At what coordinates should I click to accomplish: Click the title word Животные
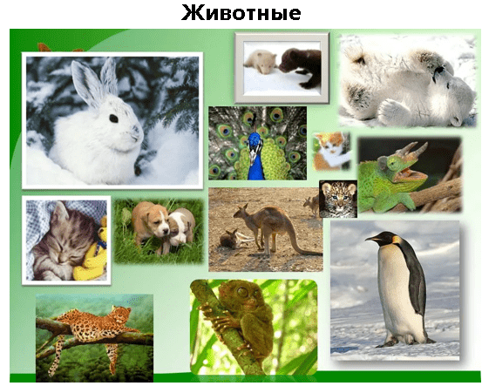click(241, 13)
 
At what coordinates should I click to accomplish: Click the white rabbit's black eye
click(113, 119)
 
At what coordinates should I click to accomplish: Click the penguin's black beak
click(372, 238)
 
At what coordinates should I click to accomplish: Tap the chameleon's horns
click(413, 151)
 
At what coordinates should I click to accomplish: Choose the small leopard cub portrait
click(338, 199)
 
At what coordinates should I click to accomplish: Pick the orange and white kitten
click(331, 152)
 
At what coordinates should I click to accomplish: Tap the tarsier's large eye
click(243, 292)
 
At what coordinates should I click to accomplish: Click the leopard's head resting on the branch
click(121, 314)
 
